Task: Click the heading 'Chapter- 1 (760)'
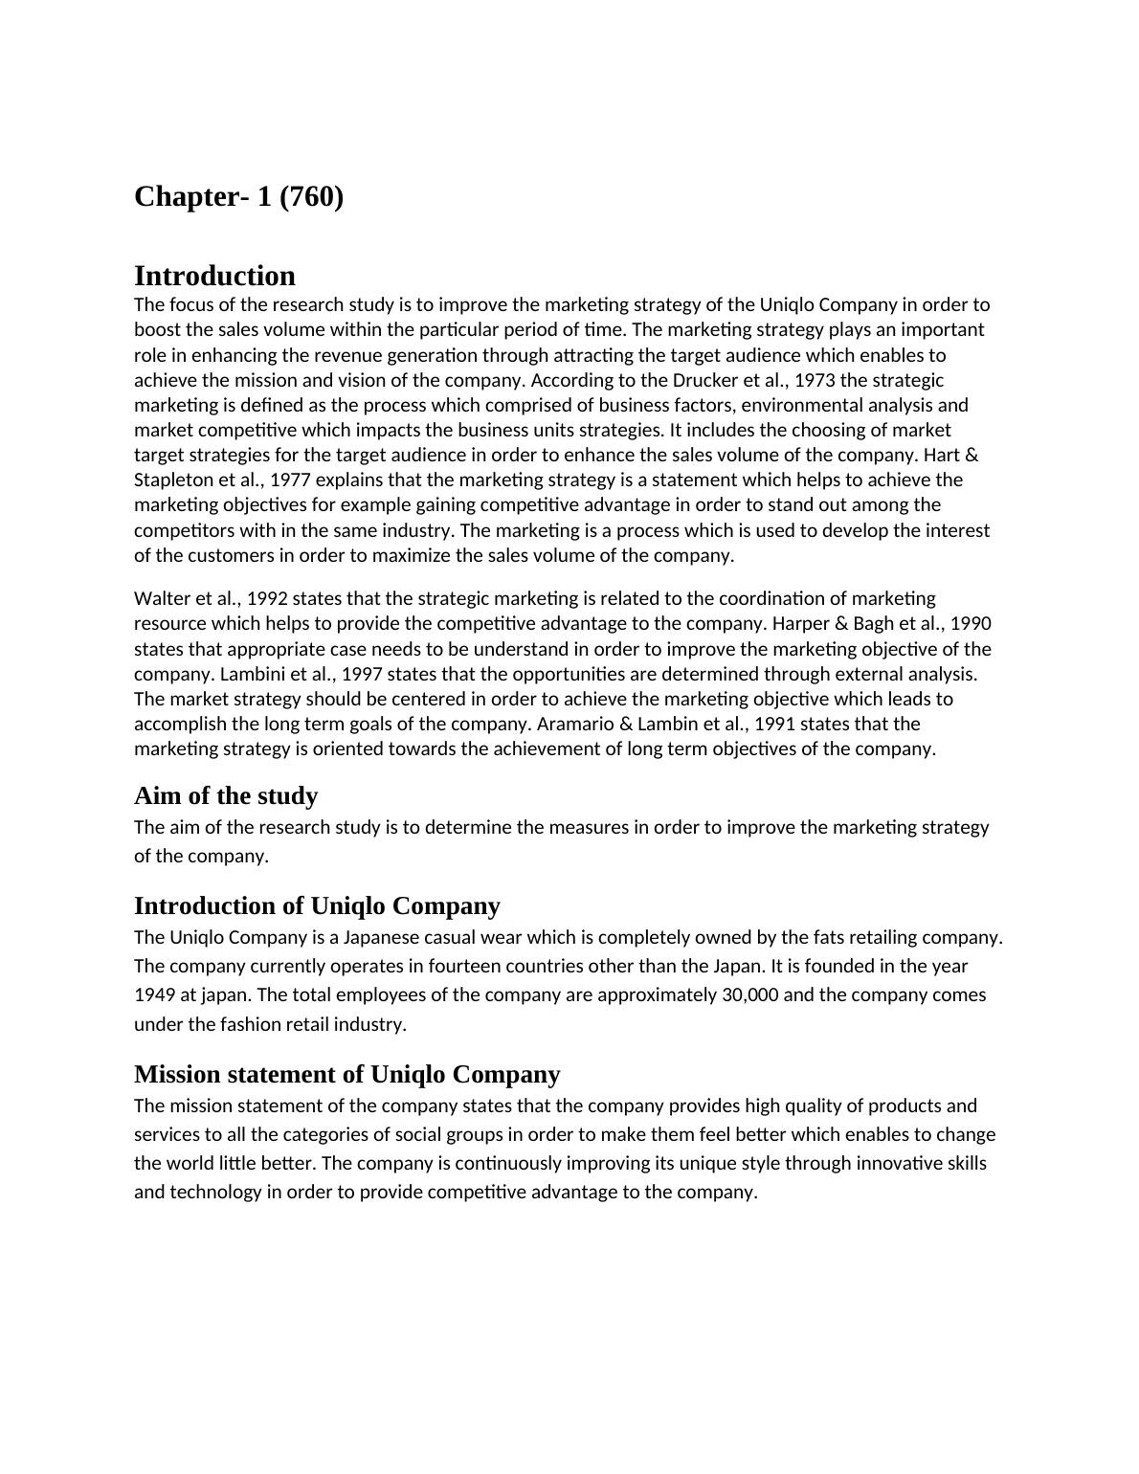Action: click(238, 197)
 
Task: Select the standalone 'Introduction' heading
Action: click(214, 276)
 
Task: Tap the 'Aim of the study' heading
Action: click(225, 796)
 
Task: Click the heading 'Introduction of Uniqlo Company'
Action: click(317, 905)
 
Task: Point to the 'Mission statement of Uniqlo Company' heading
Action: click(346, 1074)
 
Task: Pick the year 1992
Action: click(266, 598)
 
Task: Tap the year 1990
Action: click(971, 623)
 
